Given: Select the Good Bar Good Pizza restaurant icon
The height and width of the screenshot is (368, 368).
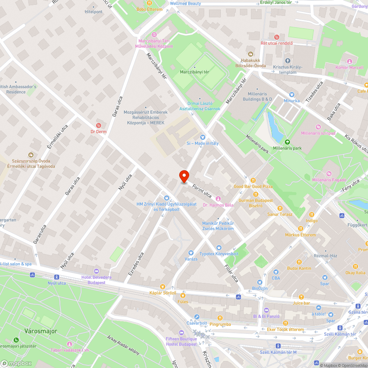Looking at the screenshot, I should pyautogui.click(x=253, y=180).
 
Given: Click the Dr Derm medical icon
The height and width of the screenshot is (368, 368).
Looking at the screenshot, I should pyautogui.click(x=98, y=125).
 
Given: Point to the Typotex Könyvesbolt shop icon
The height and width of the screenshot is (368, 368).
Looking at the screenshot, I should pyautogui.click(x=219, y=248).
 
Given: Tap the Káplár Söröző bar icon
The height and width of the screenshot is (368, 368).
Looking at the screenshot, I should pyautogui.click(x=162, y=287).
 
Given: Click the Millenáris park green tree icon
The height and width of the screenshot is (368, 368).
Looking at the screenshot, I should pyautogui.click(x=287, y=142).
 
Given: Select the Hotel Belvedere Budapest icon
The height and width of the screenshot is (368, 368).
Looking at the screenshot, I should pyautogui.click(x=96, y=271).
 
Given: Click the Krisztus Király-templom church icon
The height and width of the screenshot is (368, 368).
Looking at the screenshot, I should pyautogui.click(x=288, y=61).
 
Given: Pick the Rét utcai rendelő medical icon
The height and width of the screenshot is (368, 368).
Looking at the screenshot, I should pyautogui.click(x=277, y=37).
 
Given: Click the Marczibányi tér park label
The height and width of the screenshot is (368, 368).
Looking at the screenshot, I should pyautogui.click(x=194, y=72).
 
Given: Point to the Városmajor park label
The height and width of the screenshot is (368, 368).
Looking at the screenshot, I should pyautogui.click(x=41, y=331).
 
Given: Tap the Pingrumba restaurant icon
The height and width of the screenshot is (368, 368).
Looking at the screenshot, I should pyautogui.click(x=220, y=318).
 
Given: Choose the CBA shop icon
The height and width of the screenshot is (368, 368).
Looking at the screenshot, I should pyautogui.click(x=276, y=272).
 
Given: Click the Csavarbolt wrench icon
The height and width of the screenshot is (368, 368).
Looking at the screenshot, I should pyautogui.click(x=197, y=317).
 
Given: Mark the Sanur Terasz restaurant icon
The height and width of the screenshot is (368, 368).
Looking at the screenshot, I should pyautogui.click(x=280, y=208).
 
